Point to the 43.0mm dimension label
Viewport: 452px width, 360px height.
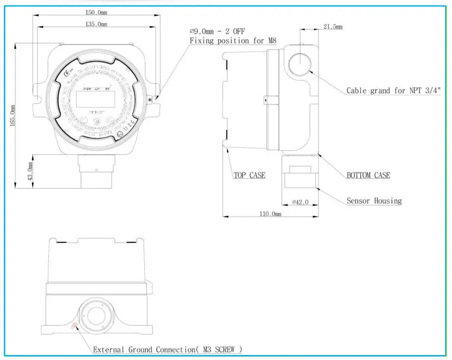pos(31,172)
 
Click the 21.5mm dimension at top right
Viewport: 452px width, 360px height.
pos(332,27)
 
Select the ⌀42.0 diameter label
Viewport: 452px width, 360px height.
pos(300,201)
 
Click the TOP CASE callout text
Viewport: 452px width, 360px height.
pos(249,175)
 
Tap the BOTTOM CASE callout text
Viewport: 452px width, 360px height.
pos(368,175)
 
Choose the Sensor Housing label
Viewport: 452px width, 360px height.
pos(374,201)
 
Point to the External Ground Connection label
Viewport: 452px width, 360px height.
pos(167,350)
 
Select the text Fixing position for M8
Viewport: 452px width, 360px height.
pos(233,41)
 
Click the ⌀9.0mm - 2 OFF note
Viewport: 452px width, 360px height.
pos(217,32)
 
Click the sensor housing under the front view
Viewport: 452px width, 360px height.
pos(97,172)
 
